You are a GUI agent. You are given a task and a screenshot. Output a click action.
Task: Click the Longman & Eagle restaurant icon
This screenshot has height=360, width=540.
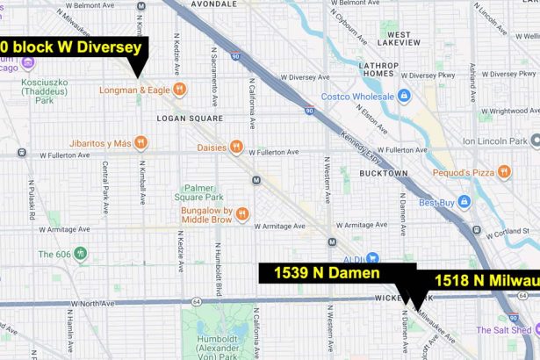179,89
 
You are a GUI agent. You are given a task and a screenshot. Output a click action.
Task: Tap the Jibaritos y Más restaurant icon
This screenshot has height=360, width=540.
140,143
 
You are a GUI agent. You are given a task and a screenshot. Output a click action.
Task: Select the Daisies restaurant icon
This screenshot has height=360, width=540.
236,147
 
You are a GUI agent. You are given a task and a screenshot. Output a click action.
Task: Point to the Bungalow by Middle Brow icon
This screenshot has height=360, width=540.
242,212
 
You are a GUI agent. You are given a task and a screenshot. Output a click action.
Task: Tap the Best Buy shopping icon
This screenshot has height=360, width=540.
464,203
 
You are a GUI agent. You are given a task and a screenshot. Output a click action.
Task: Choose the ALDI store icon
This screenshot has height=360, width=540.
372,258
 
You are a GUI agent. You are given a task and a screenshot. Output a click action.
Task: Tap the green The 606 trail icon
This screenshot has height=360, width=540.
81,255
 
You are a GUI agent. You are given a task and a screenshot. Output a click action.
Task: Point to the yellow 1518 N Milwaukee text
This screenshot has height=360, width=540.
486,281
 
